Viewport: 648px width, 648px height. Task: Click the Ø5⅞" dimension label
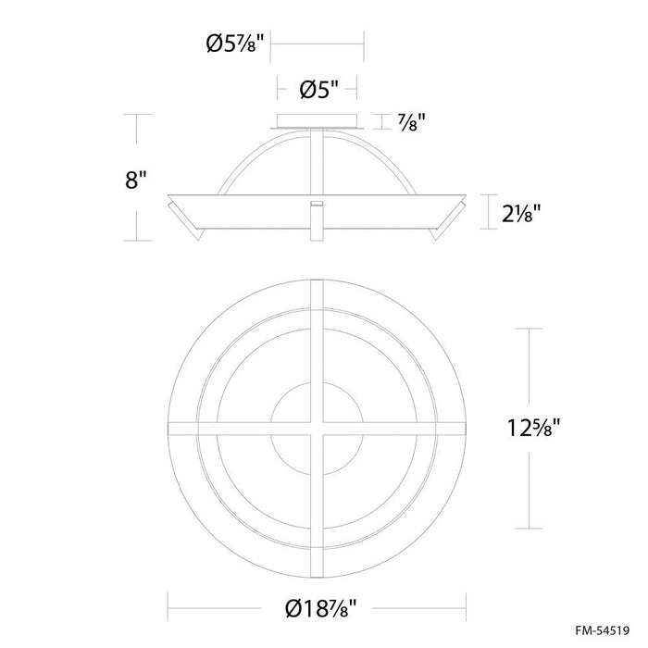click(x=234, y=43)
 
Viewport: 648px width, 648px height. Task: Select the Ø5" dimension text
click(x=317, y=90)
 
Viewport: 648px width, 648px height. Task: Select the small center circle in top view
click(x=318, y=429)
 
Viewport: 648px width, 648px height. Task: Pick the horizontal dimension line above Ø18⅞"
click(x=318, y=590)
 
